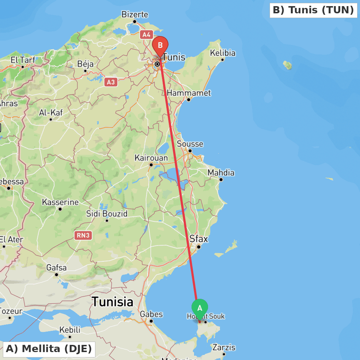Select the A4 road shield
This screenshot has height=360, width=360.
point(146,35)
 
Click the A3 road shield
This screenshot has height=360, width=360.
point(111,82)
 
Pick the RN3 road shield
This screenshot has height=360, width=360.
point(83,235)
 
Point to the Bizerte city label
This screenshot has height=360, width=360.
point(135,14)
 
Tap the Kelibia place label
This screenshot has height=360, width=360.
point(222,53)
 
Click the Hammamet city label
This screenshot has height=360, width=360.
point(189,93)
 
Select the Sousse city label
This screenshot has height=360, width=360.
point(190,144)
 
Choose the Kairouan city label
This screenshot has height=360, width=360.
point(151,158)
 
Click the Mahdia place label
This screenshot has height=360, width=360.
point(221,173)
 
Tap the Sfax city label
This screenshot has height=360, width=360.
point(199,239)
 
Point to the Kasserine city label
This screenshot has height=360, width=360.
point(60,202)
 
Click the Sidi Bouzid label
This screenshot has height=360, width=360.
point(107,213)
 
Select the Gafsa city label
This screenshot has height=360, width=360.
point(57,267)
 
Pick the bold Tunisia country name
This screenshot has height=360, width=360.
point(112,302)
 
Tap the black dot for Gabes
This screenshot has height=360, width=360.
point(151,321)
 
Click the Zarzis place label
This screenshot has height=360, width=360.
point(224,347)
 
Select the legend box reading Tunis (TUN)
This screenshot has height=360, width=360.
point(313,10)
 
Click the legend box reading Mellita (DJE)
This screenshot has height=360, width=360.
point(49,349)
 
